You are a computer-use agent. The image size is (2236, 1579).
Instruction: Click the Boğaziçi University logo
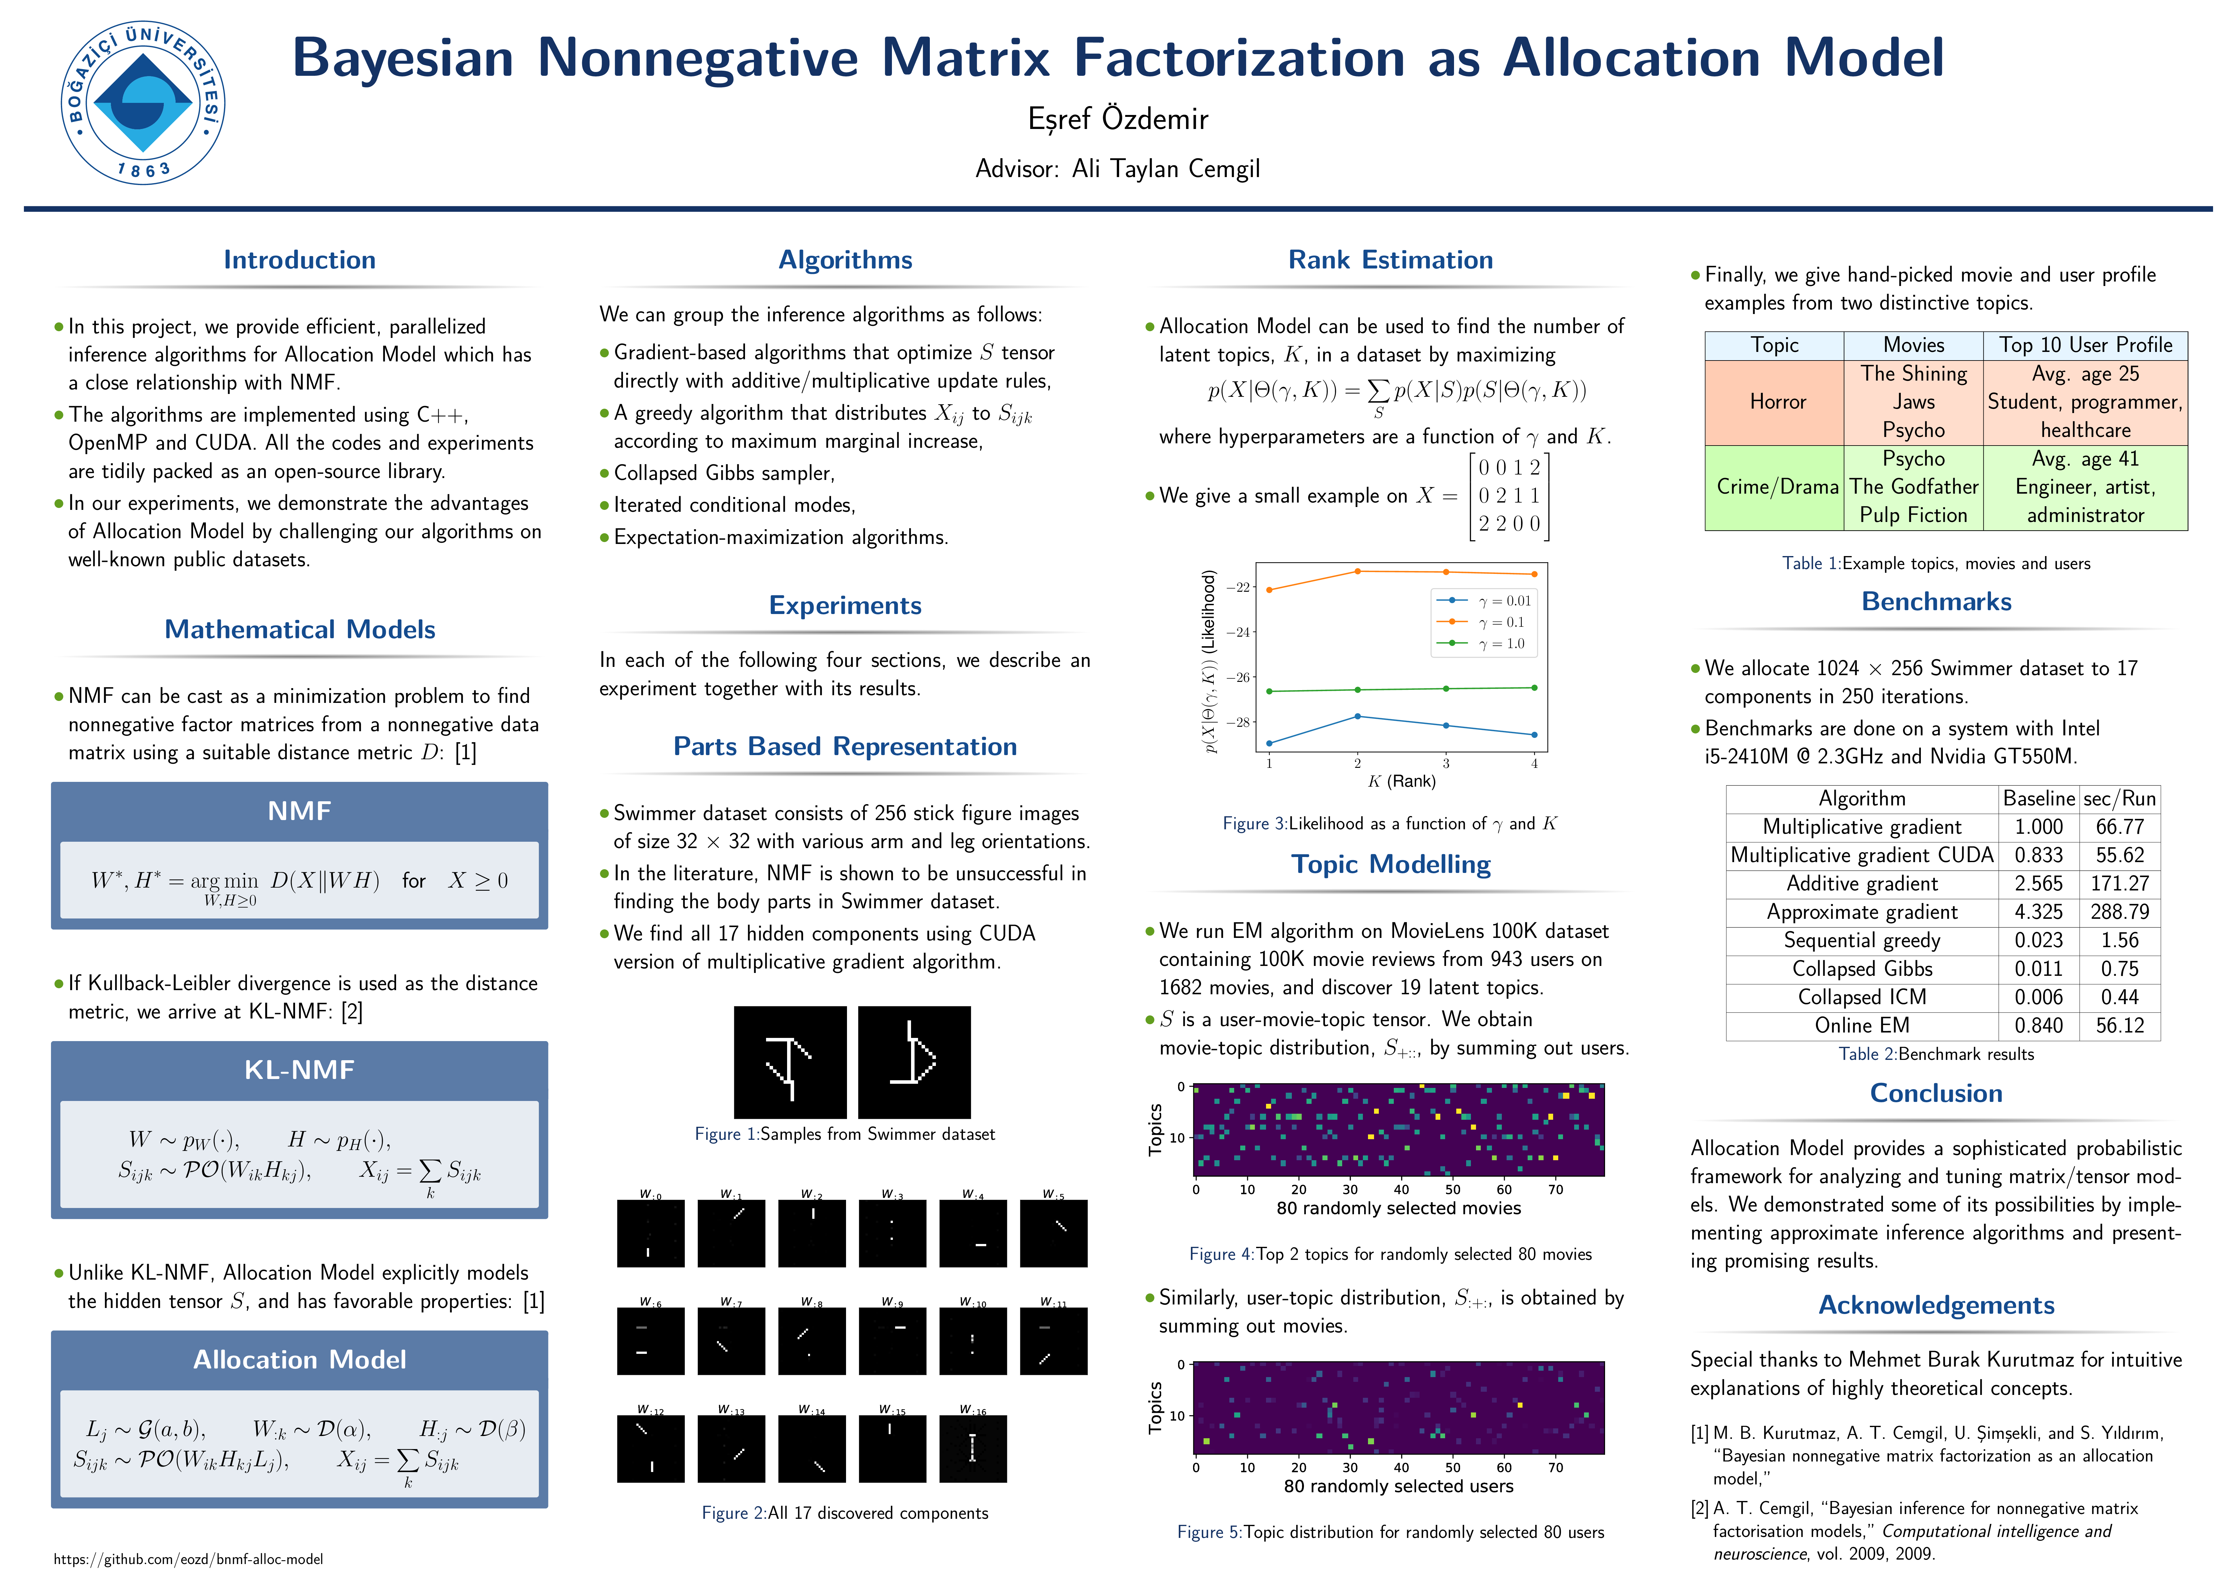(143, 103)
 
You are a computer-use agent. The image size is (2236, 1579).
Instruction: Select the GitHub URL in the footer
(188, 1559)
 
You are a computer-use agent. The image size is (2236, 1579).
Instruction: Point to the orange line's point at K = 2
(1357, 571)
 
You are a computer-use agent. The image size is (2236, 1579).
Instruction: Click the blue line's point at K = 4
(1535, 735)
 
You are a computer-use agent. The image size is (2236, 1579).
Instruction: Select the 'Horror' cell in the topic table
(1777, 402)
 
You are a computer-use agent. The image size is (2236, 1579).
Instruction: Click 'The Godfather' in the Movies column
(1914, 487)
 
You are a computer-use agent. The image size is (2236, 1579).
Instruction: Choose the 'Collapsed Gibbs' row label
(1862, 968)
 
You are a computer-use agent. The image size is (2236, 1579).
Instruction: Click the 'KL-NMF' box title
(299, 1070)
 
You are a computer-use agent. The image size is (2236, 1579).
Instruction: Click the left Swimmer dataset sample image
(790, 1062)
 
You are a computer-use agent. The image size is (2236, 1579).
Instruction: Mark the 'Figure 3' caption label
(1254, 824)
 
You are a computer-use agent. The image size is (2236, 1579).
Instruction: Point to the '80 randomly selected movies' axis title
(1399, 1208)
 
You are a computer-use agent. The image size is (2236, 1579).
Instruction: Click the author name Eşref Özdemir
(1118, 119)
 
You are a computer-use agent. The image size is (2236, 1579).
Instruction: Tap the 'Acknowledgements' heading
(1936, 1305)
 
